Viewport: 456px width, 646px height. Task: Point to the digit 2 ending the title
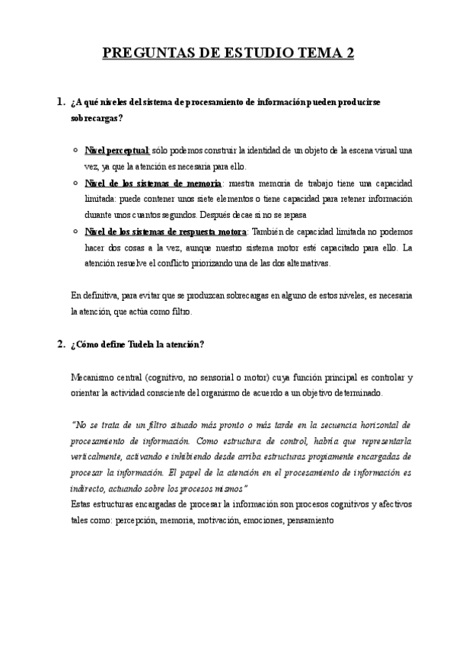(x=350, y=53)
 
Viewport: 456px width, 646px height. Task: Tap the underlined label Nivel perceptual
(x=117, y=150)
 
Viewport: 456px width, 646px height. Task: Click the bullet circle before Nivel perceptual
(x=73, y=150)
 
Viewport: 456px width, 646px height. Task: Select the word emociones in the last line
(x=259, y=520)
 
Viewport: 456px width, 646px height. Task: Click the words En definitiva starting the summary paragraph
(x=91, y=296)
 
